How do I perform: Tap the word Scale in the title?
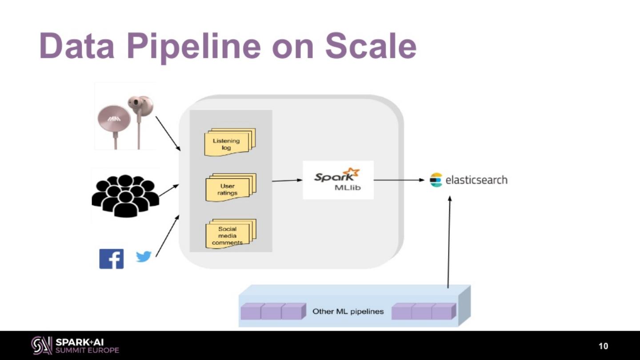pyautogui.click(x=371, y=46)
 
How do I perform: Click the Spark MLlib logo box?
pyautogui.click(x=338, y=180)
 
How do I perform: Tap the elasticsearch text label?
pyautogui.click(x=476, y=180)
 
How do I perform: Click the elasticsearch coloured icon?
pyautogui.click(x=436, y=180)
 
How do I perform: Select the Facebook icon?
pyautogui.click(x=111, y=259)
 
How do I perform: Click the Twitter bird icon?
pyautogui.click(x=144, y=256)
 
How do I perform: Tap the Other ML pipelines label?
pyautogui.click(x=348, y=312)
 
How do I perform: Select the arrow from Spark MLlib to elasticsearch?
pyautogui.click(x=399, y=180)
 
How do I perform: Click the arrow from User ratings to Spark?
pyautogui.click(x=287, y=180)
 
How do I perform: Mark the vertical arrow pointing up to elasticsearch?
pyautogui.click(x=449, y=242)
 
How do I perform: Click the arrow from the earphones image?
pyautogui.click(x=168, y=133)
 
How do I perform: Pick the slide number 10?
pyautogui.click(x=603, y=346)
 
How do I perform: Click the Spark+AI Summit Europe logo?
pyautogui.click(x=75, y=345)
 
